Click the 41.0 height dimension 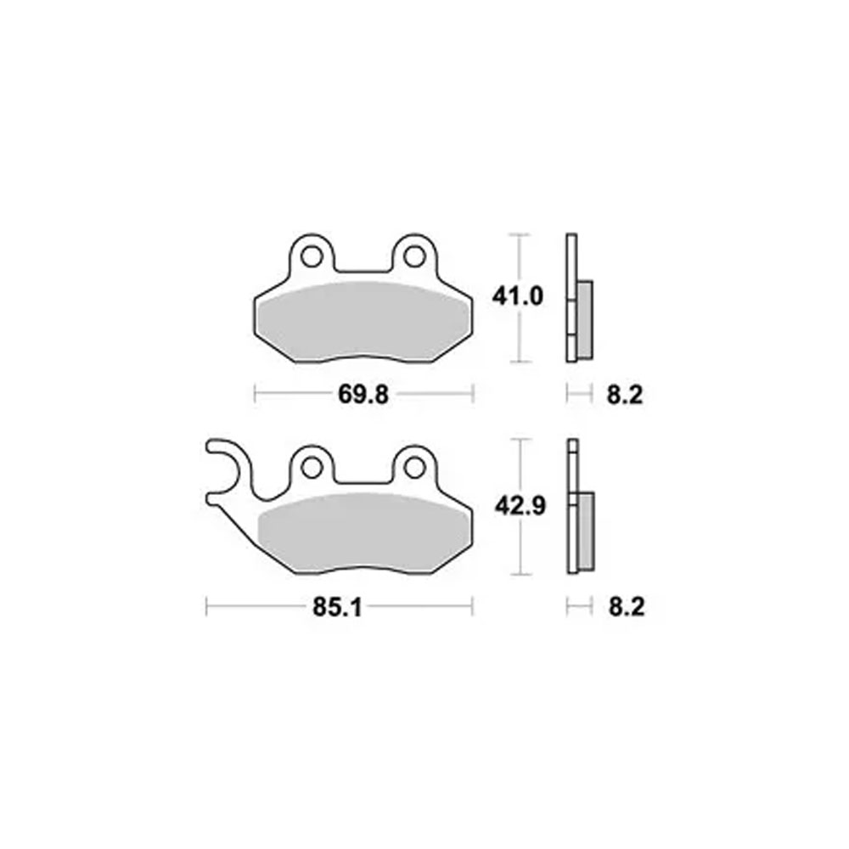click(x=517, y=296)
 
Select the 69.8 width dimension click(x=363, y=395)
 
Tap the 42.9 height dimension click(x=520, y=506)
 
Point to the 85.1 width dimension click(x=337, y=607)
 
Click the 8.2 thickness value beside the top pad click(x=624, y=395)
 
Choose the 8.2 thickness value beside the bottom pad click(x=627, y=607)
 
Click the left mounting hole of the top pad click(x=312, y=256)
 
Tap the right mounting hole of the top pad click(x=415, y=256)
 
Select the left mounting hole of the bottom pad click(x=312, y=467)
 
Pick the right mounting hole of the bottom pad click(x=415, y=467)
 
